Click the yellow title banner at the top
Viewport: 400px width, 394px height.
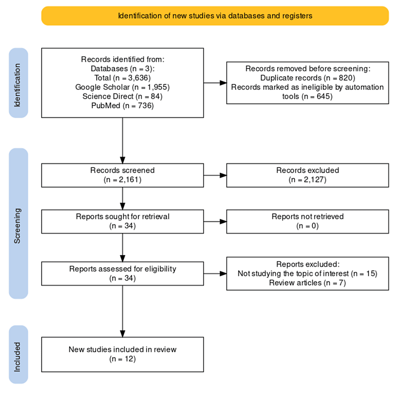coord(215,16)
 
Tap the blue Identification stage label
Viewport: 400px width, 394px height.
coord(18,83)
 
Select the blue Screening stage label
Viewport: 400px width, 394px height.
coord(18,223)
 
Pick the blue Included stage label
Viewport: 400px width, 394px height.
coord(18,355)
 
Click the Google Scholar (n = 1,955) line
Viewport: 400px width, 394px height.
coord(123,87)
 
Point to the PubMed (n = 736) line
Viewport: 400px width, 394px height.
coord(123,105)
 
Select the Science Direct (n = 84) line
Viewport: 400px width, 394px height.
coord(123,96)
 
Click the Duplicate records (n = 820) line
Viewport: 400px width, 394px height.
coord(308,78)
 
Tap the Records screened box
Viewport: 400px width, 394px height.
coord(123,176)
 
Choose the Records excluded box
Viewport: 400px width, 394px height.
coord(308,176)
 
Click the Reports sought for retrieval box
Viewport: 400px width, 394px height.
coord(123,221)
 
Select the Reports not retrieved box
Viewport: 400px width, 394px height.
coord(308,221)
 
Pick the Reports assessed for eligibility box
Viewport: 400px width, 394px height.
coord(123,274)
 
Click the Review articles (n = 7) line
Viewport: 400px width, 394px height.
coord(308,283)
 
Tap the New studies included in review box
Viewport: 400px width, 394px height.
coord(123,355)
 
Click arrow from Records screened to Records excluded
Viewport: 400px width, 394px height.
coord(215,176)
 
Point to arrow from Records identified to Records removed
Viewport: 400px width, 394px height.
coord(215,83)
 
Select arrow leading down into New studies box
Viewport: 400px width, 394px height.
coord(123,311)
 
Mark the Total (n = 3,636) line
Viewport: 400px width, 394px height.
coord(123,78)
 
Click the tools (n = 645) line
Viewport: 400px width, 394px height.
coord(308,96)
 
